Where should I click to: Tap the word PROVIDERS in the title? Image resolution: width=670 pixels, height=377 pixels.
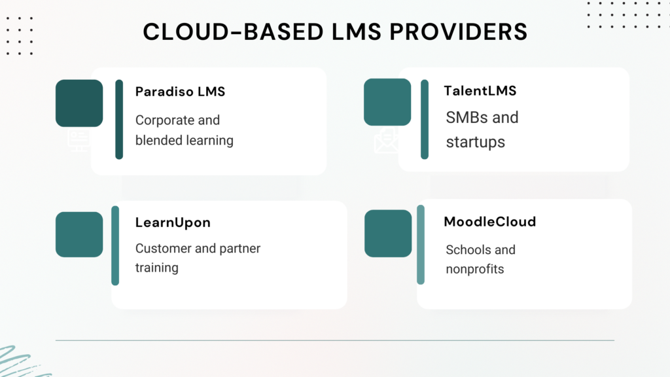(x=459, y=32)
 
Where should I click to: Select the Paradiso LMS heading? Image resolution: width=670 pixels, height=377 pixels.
(x=180, y=92)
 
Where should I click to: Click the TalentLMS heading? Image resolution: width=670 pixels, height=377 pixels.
(x=480, y=90)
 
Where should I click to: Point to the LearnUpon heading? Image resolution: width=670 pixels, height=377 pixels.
(x=173, y=223)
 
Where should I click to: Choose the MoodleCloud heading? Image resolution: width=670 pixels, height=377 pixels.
(x=489, y=221)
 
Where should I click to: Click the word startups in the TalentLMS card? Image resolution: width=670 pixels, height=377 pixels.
(x=475, y=142)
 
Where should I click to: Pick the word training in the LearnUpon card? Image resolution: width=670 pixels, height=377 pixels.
(x=157, y=268)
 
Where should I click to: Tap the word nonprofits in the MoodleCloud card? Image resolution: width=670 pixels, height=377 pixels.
(x=475, y=269)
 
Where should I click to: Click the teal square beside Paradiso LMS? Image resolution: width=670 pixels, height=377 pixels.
(x=79, y=103)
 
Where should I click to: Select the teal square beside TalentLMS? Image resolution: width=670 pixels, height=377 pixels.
(x=387, y=102)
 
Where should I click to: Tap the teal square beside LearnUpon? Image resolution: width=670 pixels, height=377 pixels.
(x=79, y=234)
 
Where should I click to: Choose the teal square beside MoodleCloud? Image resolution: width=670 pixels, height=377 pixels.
(x=388, y=234)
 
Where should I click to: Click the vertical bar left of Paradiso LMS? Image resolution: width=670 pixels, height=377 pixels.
(x=119, y=119)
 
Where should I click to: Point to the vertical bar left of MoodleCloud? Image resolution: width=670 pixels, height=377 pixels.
(x=421, y=245)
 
